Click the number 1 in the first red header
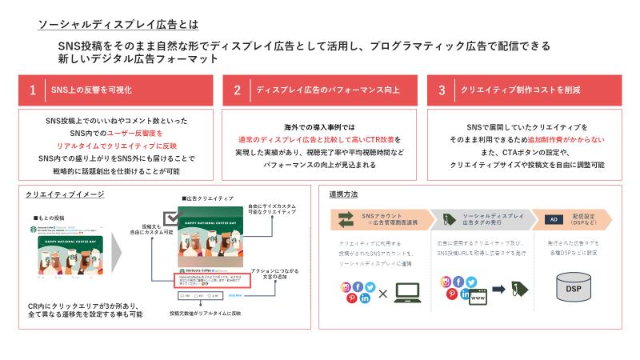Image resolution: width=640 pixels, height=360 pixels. (33, 90)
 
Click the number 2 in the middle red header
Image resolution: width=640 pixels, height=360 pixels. (238, 90)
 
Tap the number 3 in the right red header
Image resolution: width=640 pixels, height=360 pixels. (442, 90)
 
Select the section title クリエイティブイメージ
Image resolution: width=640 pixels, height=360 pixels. (65, 194)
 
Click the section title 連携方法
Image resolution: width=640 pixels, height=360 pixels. (343, 194)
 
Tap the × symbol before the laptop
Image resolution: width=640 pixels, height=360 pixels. (383, 294)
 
